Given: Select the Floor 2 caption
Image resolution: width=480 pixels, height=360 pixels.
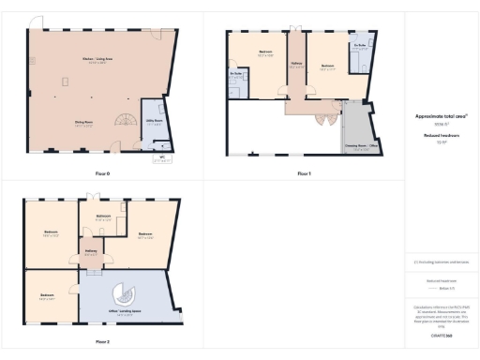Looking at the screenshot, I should click(102, 342).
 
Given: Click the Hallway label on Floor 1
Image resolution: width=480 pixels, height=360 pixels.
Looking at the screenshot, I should click(296, 64).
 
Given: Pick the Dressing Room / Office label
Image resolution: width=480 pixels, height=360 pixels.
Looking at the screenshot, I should click(359, 145).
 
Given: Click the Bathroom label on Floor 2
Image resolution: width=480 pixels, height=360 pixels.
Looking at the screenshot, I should click(104, 217).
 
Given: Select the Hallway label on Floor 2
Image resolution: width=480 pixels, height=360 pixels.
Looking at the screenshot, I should click(93, 250).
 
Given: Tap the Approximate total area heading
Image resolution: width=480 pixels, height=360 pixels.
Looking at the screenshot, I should click(441, 117).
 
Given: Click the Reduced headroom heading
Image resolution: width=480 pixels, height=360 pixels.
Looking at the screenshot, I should click(441, 135).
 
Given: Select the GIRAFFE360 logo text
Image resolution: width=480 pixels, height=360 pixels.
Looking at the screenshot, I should click(441, 335).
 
